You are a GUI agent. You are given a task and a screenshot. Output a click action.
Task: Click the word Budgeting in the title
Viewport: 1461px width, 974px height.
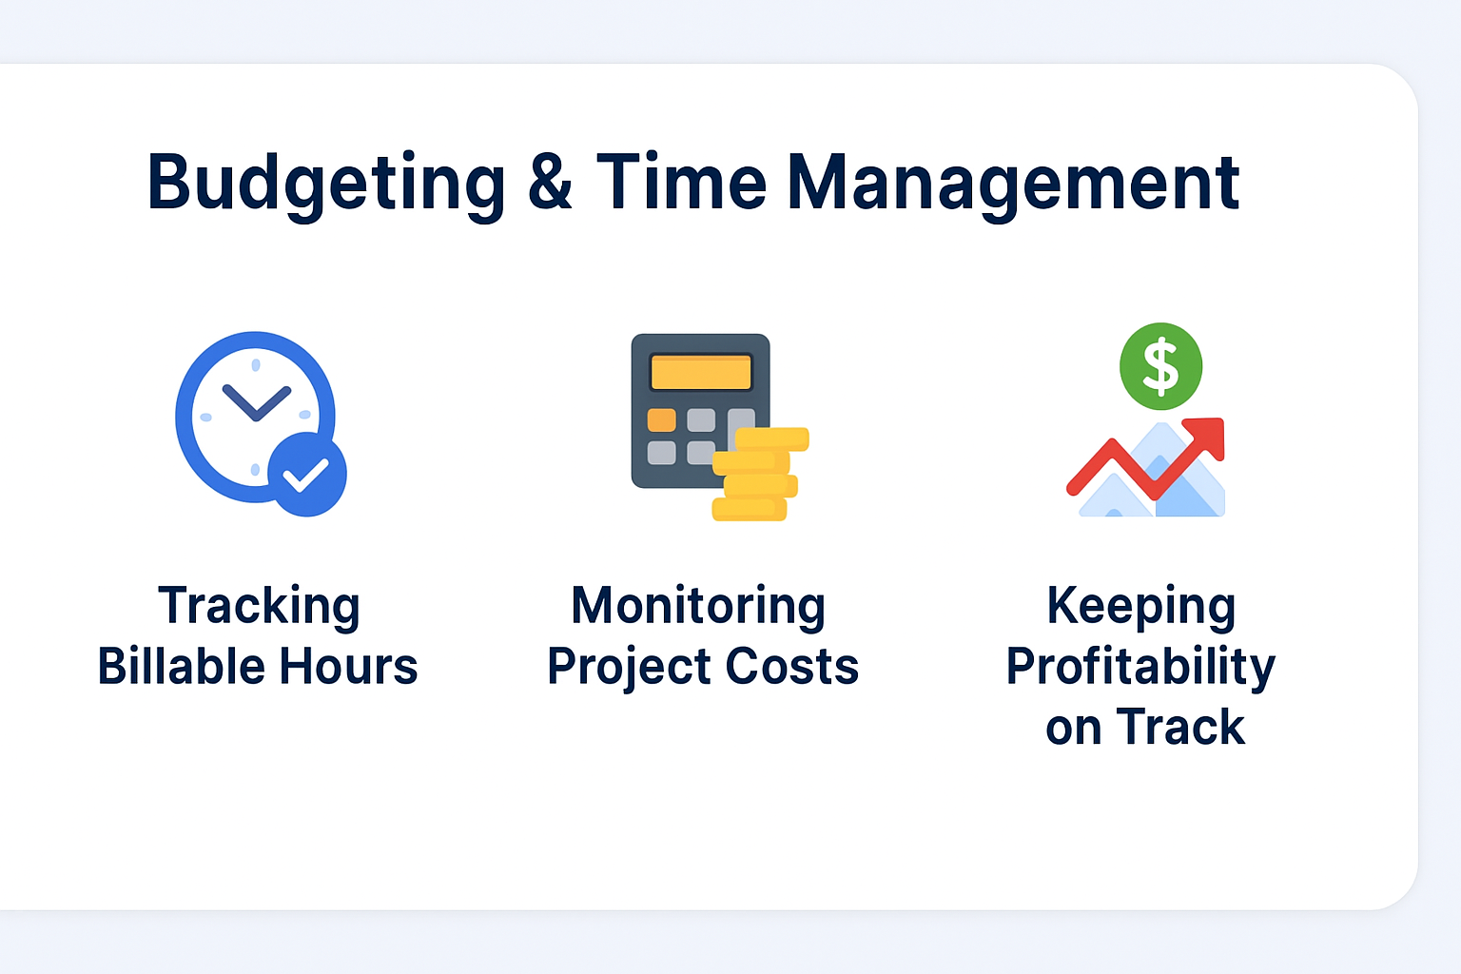click(326, 185)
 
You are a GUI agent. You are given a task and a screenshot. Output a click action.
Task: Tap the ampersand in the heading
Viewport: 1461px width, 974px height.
click(550, 182)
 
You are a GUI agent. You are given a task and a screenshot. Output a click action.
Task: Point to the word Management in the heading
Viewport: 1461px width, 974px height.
click(1014, 185)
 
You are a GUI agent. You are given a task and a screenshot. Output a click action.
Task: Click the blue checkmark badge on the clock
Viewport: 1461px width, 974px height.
click(306, 475)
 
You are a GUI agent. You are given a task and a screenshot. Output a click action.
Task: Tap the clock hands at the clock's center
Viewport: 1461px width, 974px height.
click(256, 402)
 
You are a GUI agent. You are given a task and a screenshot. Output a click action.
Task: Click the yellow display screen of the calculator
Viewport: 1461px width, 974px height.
click(701, 373)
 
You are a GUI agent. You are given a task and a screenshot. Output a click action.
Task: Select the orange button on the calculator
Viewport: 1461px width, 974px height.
click(661, 420)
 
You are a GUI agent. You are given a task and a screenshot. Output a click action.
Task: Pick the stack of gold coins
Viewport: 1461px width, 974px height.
click(760, 475)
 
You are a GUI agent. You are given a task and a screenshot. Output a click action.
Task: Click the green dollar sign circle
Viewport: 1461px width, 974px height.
click(1161, 366)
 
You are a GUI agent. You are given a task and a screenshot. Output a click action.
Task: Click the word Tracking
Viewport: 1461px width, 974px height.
click(259, 608)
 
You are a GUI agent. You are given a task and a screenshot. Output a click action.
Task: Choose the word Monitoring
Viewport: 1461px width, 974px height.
click(698, 608)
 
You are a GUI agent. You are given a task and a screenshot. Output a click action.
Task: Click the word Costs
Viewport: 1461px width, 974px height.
click(791, 666)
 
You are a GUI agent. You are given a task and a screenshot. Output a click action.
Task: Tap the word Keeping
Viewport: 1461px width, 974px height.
click(1141, 608)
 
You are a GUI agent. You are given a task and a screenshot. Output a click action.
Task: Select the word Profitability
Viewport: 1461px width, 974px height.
click(1140, 668)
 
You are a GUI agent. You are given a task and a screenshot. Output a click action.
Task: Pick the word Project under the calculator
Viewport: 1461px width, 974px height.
click(629, 668)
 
